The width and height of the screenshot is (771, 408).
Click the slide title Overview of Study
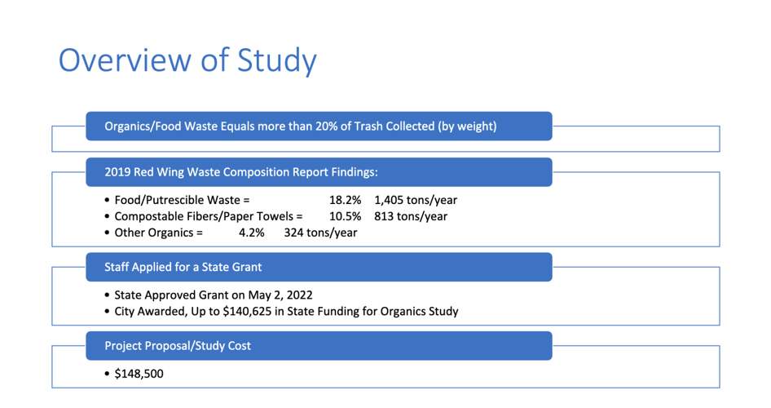click(187, 62)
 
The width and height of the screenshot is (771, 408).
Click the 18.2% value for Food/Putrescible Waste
click(345, 200)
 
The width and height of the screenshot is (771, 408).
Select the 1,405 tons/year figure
click(416, 200)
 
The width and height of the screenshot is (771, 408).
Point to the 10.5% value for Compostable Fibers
click(345, 216)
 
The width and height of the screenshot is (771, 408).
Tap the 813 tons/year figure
click(411, 216)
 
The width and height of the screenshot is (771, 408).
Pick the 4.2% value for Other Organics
click(252, 233)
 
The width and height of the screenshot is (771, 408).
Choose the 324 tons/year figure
click(320, 233)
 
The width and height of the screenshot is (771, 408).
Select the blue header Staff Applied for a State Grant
click(183, 267)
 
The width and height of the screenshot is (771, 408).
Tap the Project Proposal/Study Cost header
click(178, 346)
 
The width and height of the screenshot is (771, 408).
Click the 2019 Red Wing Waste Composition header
click(241, 172)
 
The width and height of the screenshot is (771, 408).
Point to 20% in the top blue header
click(340, 126)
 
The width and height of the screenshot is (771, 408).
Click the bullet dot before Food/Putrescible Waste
click(108, 201)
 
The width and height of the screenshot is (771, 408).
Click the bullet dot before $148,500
click(108, 375)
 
